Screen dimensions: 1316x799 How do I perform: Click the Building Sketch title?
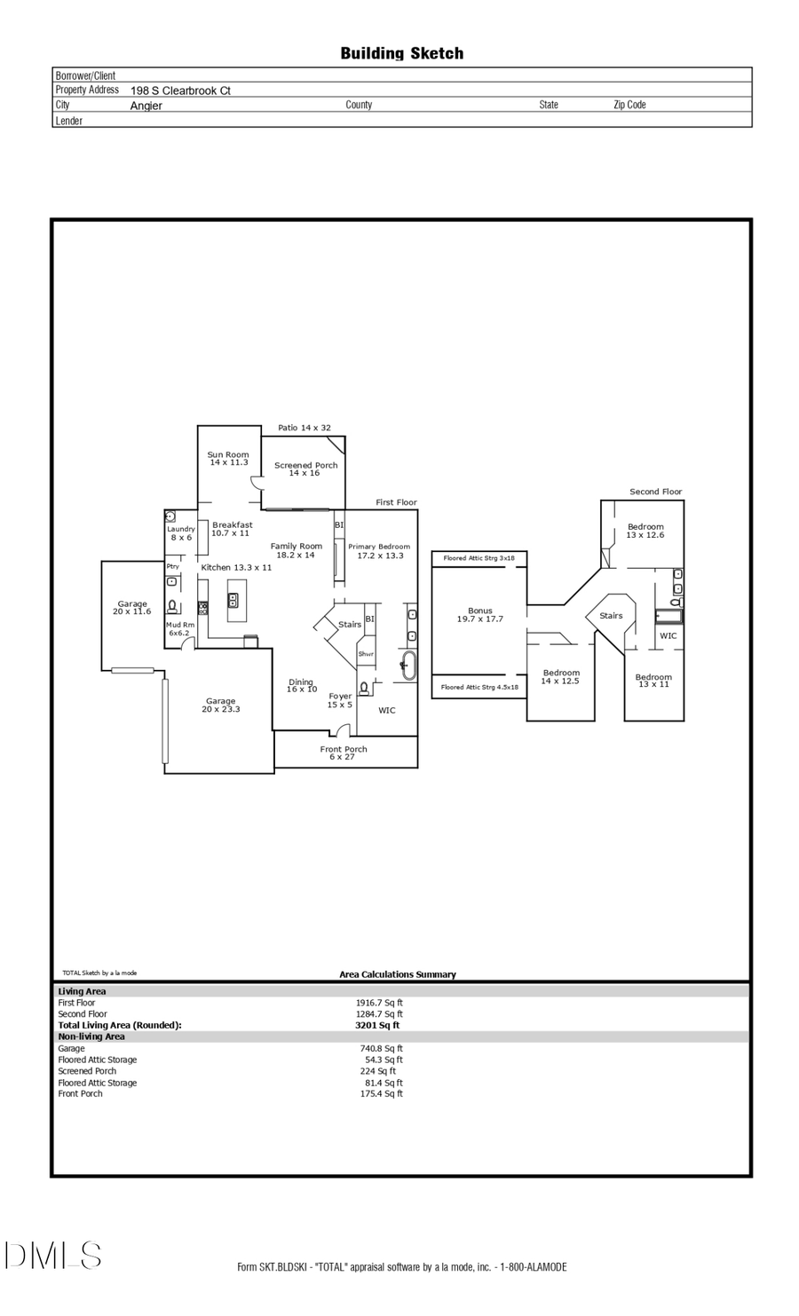click(401, 53)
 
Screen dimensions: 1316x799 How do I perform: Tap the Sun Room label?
click(228, 458)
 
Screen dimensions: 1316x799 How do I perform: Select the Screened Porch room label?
click(305, 469)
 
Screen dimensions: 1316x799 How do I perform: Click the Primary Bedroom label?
click(379, 551)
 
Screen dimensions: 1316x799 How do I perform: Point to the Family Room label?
click(297, 550)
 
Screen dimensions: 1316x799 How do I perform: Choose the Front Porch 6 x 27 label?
click(344, 753)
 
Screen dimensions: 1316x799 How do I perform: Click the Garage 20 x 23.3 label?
click(221, 705)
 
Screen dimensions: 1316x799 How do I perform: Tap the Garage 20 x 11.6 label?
click(132, 608)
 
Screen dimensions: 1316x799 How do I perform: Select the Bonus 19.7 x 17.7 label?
click(480, 614)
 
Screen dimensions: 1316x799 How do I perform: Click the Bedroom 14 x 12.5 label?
click(561, 676)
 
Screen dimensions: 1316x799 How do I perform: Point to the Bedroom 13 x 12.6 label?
click(645, 531)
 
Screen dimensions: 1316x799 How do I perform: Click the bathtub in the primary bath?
click(408, 665)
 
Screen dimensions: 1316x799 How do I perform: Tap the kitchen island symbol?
click(235, 600)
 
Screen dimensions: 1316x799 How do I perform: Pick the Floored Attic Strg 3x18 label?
click(479, 558)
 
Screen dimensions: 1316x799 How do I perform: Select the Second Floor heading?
click(655, 491)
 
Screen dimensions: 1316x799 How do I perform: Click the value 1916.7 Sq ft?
click(379, 1002)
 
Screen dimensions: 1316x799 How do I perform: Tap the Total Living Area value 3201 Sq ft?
click(377, 1025)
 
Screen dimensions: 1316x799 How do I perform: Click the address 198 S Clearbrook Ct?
click(180, 91)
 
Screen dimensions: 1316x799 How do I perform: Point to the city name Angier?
click(146, 106)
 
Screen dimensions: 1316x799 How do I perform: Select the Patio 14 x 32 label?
click(304, 428)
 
